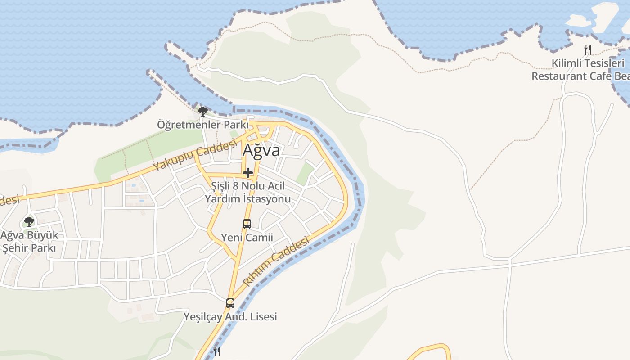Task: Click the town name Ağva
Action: pyautogui.click(x=261, y=150)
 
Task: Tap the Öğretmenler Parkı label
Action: pyautogui.click(x=202, y=124)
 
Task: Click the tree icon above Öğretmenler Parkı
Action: pyautogui.click(x=203, y=111)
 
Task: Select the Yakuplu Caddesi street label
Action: pyautogui.click(x=195, y=155)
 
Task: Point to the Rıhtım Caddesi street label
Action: pyautogui.click(x=276, y=262)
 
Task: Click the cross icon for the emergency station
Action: pyautogui.click(x=247, y=172)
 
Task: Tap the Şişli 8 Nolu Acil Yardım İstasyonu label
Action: pyautogui.click(x=248, y=192)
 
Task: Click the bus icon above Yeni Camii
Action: pyautogui.click(x=247, y=224)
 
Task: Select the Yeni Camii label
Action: pyautogui.click(x=247, y=238)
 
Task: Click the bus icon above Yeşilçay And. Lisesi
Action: pyautogui.click(x=230, y=303)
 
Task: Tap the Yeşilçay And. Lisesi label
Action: pyautogui.click(x=230, y=317)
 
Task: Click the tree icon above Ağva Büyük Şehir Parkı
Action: pyautogui.click(x=29, y=221)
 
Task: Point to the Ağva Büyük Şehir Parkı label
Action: pyautogui.click(x=29, y=242)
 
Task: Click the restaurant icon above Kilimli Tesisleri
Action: pyautogui.click(x=587, y=49)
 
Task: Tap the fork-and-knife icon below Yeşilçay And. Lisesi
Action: pyautogui.click(x=216, y=351)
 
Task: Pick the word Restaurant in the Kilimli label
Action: pyautogui.click(x=558, y=76)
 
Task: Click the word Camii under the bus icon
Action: pyautogui.click(x=260, y=238)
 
